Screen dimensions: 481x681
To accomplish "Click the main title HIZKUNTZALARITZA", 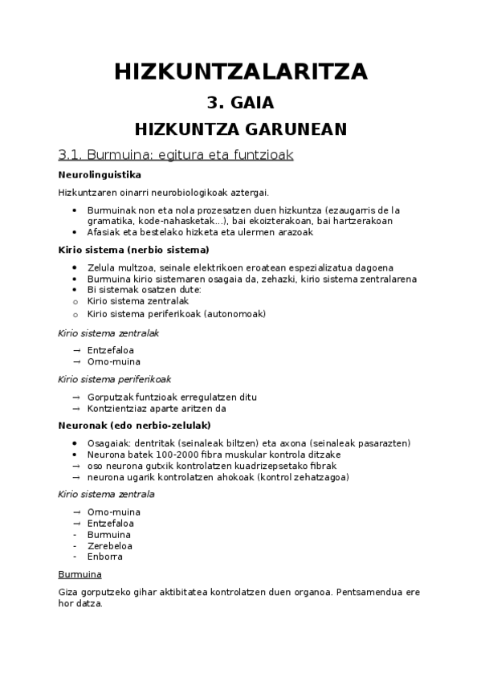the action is point(241,71).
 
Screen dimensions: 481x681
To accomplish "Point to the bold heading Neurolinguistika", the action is point(100,174).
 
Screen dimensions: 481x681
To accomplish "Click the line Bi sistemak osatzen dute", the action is point(134,290).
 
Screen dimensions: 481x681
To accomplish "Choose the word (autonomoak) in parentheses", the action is point(236,313).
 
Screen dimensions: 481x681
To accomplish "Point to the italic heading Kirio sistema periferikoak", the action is point(115,379).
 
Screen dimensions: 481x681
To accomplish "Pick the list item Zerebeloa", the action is point(110,545).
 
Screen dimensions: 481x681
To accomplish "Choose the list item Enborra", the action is point(104,557).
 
